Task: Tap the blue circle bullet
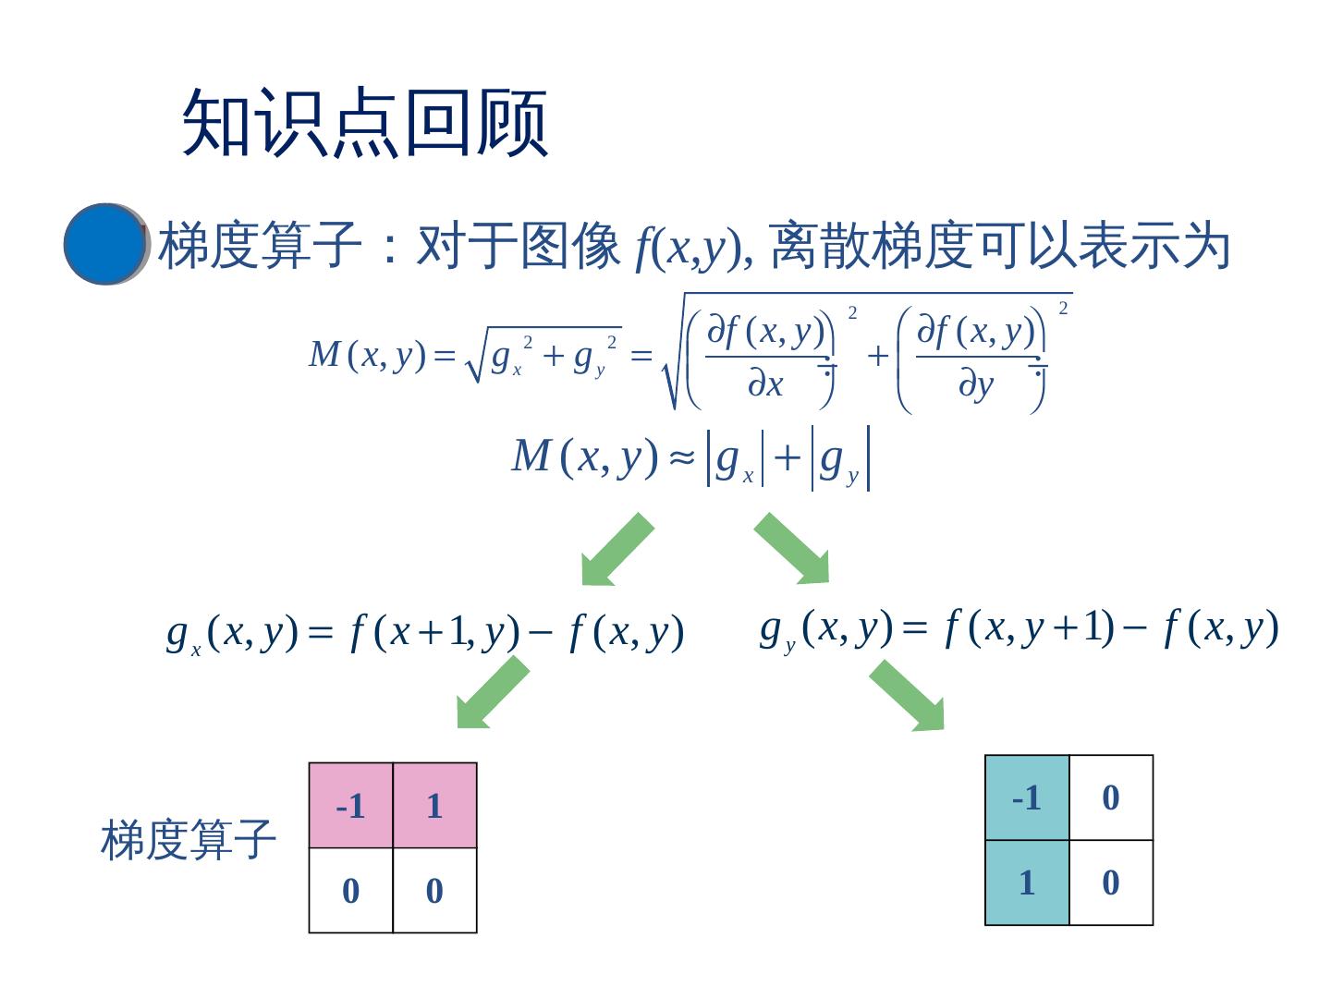click(x=105, y=244)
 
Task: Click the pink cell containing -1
click(x=350, y=806)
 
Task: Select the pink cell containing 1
click(x=434, y=806)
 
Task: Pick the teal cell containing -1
click(x=1027, y=797)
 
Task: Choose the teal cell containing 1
click(x=1027, y=882)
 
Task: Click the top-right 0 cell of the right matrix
click(x=1111, y=797)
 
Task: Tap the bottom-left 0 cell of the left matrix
click(x=350, y=891)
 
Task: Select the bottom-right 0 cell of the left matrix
click(x=434, y=891)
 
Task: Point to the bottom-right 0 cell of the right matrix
click(x=1111, y=882)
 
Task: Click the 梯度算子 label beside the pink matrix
click(x=189, y=840)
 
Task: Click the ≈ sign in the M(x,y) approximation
click(x=682, y=457)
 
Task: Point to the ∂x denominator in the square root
click(x=765, y=384)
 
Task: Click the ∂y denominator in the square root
click(x=975, y=384)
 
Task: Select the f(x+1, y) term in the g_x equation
click(x=435, y=633)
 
